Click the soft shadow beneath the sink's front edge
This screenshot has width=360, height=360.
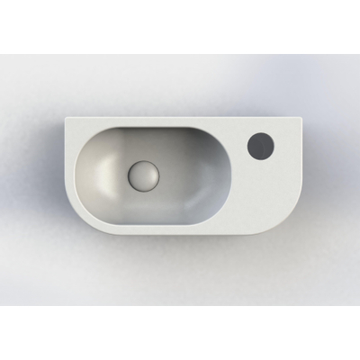(180, 236)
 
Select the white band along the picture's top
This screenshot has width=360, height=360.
(180, 27)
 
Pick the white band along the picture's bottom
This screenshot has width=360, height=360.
(180, 333)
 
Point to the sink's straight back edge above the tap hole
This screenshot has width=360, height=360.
(261, 117)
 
